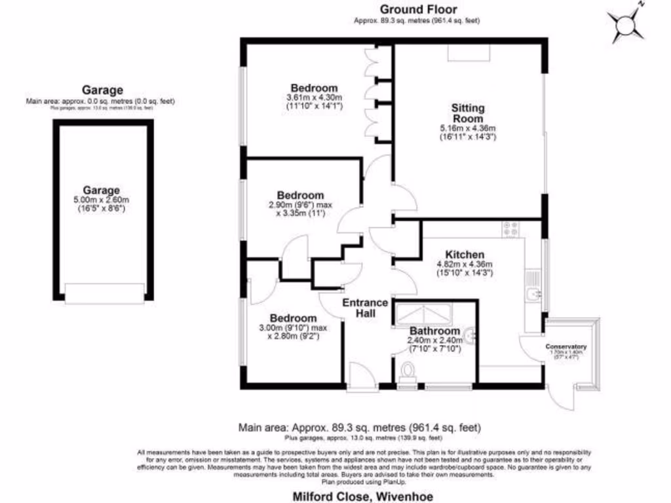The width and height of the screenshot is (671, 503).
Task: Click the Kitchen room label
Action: pos(465,255)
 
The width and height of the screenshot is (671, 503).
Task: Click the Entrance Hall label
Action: pos(366,308)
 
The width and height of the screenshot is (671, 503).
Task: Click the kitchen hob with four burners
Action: pos(511,229)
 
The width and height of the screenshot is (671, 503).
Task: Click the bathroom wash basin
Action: pos(469,336)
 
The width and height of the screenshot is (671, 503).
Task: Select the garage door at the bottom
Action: pos(104,293)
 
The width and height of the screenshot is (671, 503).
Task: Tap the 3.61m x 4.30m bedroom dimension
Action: pos(315,98)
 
